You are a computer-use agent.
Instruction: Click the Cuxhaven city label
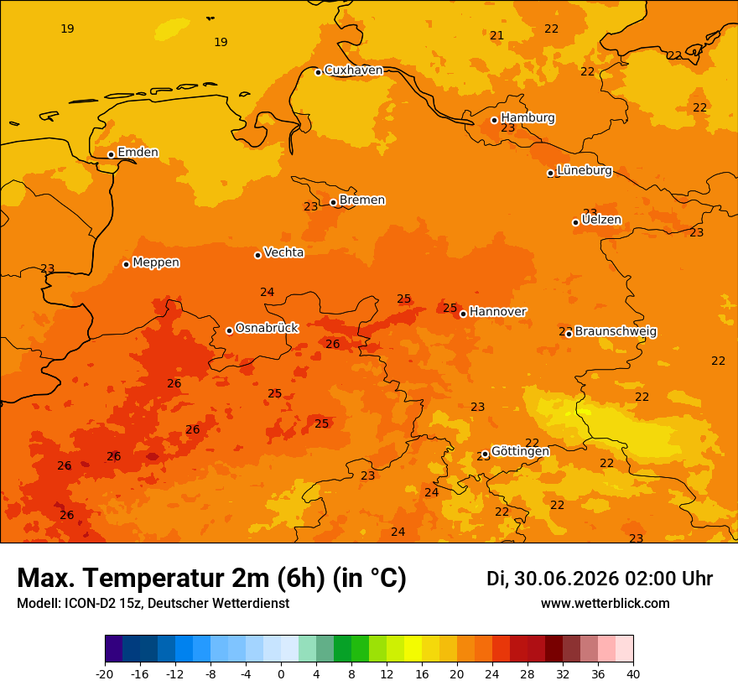[x=353, y=70]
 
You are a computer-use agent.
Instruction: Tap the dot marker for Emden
[x=111, y=154]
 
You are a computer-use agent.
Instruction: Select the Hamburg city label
[x=528, y=117]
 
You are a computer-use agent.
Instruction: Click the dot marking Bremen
[x=333, y=202]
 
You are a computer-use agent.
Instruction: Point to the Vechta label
[x=283, y=252]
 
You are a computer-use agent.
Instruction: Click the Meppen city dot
[x=126, y=264]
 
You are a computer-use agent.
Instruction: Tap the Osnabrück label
[x=267, y=328]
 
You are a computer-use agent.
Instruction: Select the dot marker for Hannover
[x=463, y=314]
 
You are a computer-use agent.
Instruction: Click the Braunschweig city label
[x=616, y=331]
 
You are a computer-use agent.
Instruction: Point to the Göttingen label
[x=520, y=451]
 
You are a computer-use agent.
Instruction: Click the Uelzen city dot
[x=575, y=222]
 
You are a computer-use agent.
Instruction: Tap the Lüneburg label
[x=585, y=170]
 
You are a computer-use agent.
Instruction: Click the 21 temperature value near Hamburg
[x=496, y=36]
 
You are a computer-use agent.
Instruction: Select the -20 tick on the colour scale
[x=105, y=674]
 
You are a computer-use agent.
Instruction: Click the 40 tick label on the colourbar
[x=633, y=674]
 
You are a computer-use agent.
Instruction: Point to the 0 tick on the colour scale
[x=281, y=674]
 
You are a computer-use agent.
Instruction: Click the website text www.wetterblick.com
[x=605, y=603]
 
